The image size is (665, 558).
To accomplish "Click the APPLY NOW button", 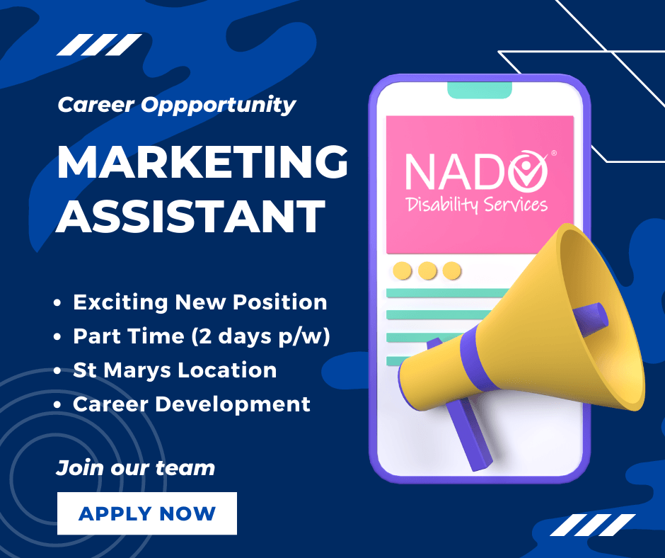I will pyautogui.click(x=146, y=513).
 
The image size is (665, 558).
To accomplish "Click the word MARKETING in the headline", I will pyautogui.click(x=202, y=164).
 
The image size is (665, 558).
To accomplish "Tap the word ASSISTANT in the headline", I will pyautogui.click(x=191, y=216).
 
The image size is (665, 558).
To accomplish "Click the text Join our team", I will pyautogui.click(x=135, y=468).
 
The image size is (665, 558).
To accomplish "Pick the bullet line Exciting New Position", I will pyautogui.click(x=199, y=302).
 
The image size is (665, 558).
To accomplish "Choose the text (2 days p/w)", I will pyautogui.click(x=261, y=336).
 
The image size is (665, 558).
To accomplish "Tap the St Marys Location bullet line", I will pyautogui.click(x=174, y=370).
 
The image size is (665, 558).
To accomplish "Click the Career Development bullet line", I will pyautogui.click(x=191, y=404).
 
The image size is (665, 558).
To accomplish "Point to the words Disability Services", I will pyautogui.click(x=477, y=205).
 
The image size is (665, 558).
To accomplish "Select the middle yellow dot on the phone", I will pyautogui.click(x=427, y=271).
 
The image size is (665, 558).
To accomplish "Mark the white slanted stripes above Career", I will pyautogui.click(x=99, y=45).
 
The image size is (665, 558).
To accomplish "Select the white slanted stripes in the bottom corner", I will pyautogui.click(x=591, y=525).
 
